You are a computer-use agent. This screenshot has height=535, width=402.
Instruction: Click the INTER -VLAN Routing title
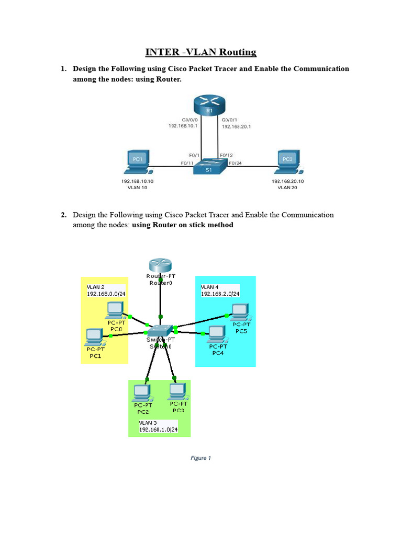coord(201,52)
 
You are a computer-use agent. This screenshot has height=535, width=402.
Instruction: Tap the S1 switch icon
coord(209,167)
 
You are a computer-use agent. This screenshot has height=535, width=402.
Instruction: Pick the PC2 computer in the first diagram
coord(287,161)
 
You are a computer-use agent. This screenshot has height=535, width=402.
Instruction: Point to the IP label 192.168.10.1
coord(183,126)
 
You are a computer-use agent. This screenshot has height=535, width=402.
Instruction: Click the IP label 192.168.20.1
coord(236,126)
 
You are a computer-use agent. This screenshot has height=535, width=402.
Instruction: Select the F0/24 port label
coord(236,163)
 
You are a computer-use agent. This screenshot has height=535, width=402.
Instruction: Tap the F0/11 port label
coord(187,163)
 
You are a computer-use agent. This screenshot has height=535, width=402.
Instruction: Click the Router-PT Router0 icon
coord(160,266)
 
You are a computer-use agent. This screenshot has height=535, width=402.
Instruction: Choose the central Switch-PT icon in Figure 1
coord(160,330)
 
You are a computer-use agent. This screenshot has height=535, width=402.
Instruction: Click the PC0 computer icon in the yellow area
coord(114,310)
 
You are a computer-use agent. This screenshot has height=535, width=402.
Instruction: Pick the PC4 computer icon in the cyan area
coord(216,333)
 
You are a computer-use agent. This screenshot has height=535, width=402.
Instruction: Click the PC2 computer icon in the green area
coord(141,392)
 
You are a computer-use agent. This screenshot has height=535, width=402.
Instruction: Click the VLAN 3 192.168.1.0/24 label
coord(158,426)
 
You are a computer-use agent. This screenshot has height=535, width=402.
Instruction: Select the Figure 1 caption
coord(200,458)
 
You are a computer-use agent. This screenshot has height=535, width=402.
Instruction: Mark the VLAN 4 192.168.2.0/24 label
coord(220,291)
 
